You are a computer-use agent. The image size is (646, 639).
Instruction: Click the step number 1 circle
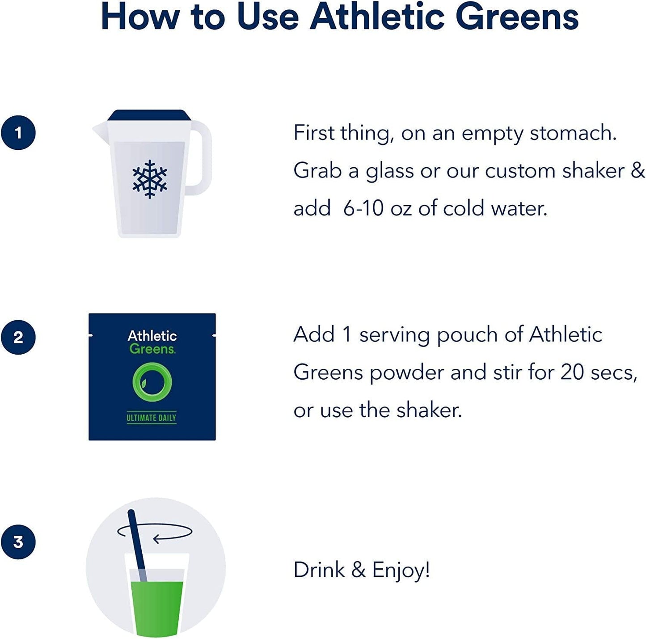18,133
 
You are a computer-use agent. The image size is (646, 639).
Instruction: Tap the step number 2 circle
18,337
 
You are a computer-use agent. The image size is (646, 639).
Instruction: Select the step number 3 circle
18,542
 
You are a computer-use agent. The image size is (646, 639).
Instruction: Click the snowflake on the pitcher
150,179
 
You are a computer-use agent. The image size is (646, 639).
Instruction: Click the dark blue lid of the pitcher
149,115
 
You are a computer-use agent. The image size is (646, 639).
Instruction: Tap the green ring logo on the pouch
152,382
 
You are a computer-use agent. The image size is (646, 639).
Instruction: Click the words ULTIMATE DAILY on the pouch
152,418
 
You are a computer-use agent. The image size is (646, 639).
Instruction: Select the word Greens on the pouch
152,349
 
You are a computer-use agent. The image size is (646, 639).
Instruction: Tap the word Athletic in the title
378,17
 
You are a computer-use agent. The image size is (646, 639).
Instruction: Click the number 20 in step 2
572,372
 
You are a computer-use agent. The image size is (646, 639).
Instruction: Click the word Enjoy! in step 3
401,570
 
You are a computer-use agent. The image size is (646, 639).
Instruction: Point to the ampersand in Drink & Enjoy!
359,570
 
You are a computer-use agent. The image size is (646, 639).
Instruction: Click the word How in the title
140,17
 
